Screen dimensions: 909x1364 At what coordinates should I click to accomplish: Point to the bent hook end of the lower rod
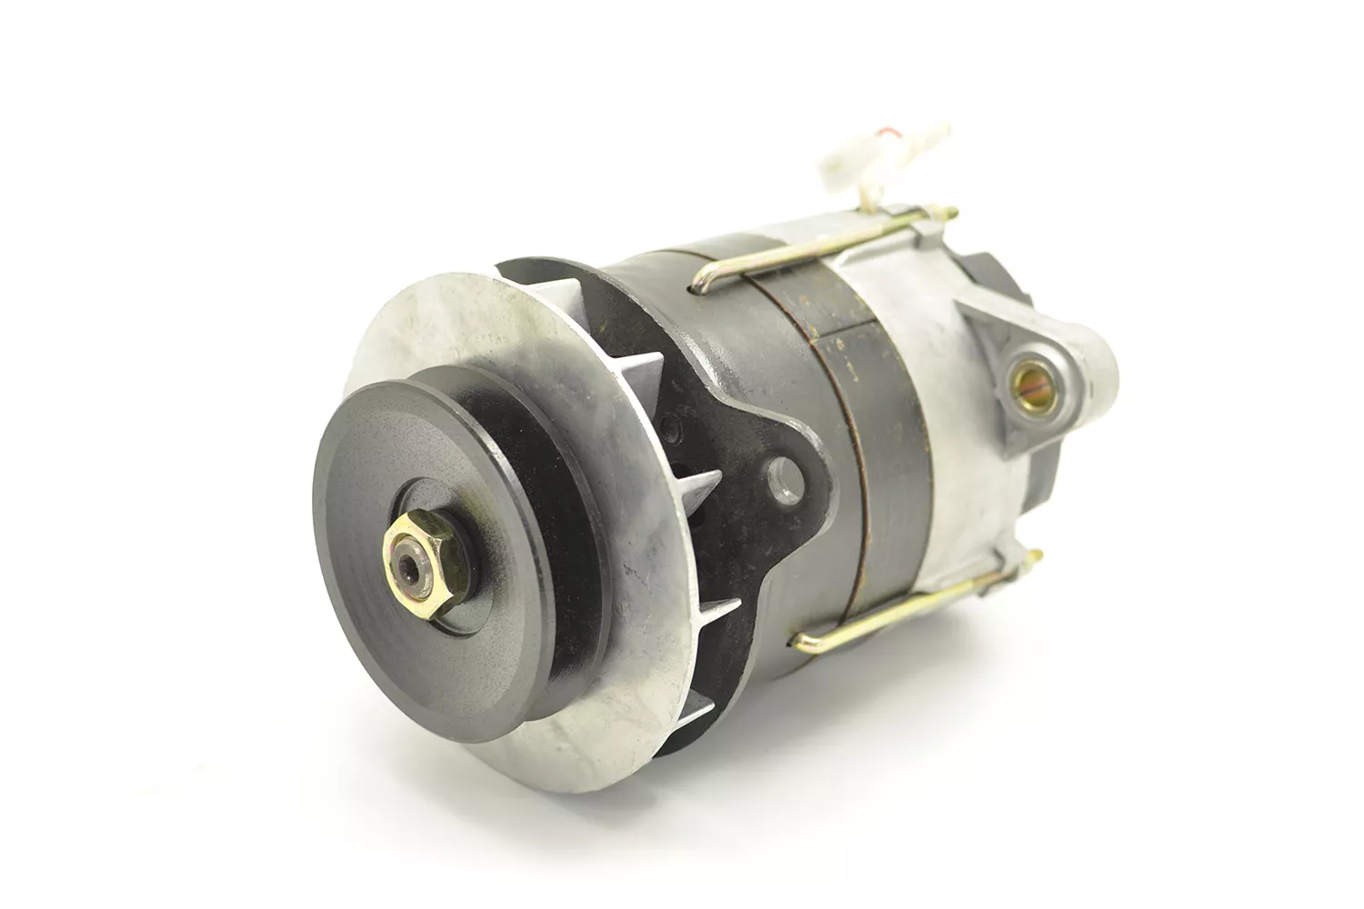(803, 642)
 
